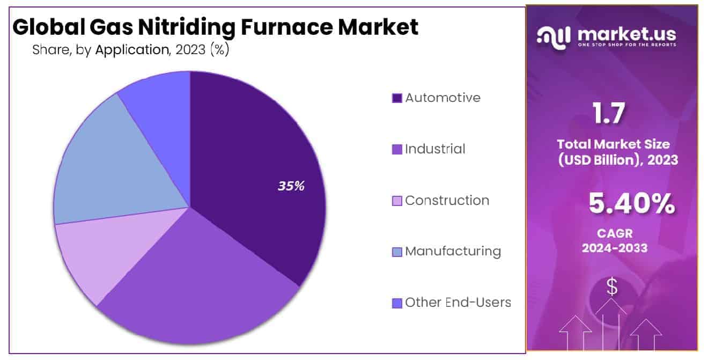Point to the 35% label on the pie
(x=291, y=186)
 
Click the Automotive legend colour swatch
(x=397, y=98)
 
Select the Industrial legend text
(x=435, y=149)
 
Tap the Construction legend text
(x=447, y=200)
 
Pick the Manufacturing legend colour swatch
(x=397, y=252)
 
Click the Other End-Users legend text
(x=458, y=303)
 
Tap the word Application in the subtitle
(x=132, y=50)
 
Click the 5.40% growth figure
(x=632, y=203)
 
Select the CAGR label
(x=614, y=233)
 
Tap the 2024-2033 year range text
(x=615, y=248)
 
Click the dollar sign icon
(x=611, y=288)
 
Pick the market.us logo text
(x=626, y=35)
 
